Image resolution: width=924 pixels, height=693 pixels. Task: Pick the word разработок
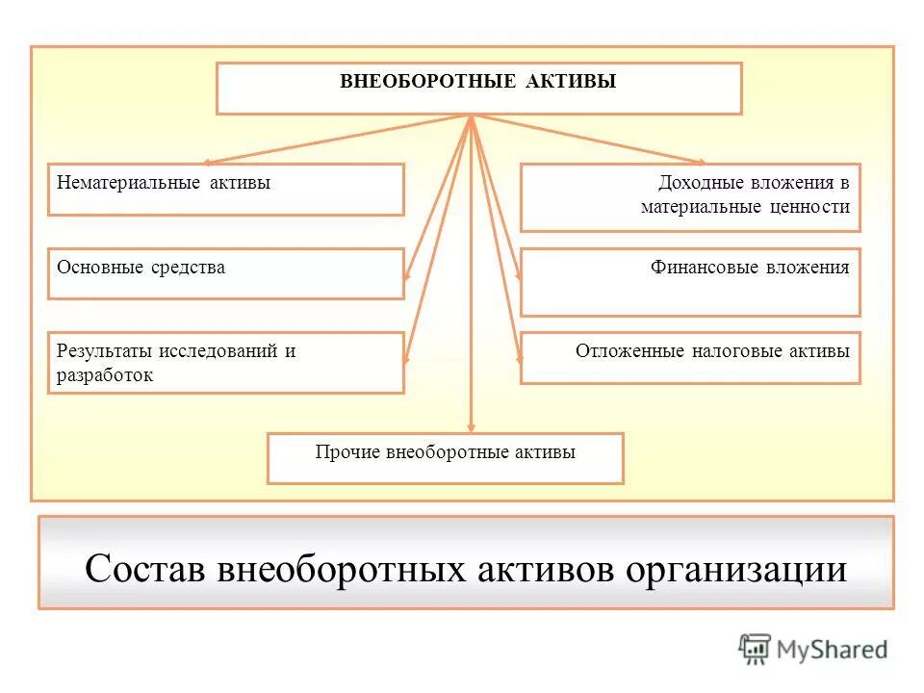(105, 375)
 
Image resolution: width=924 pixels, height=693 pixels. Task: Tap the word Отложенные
(629, 351)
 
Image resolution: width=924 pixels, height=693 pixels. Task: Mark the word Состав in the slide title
(145, 568)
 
